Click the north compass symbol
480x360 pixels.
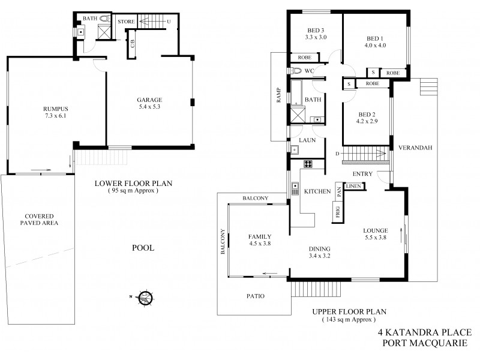point(144,296)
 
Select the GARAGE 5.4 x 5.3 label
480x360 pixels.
point(149,103)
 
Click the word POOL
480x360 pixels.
point(145,247)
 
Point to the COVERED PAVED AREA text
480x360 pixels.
point(39,220)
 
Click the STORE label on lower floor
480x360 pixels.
point(126,22)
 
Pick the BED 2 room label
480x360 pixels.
point(365,118)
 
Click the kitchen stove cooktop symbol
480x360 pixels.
point(310,163)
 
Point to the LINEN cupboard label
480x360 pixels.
point(354,187)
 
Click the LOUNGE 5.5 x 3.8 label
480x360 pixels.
point(376,234)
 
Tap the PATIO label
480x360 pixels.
point(256,296)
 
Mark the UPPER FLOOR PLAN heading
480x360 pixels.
point(348,311)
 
